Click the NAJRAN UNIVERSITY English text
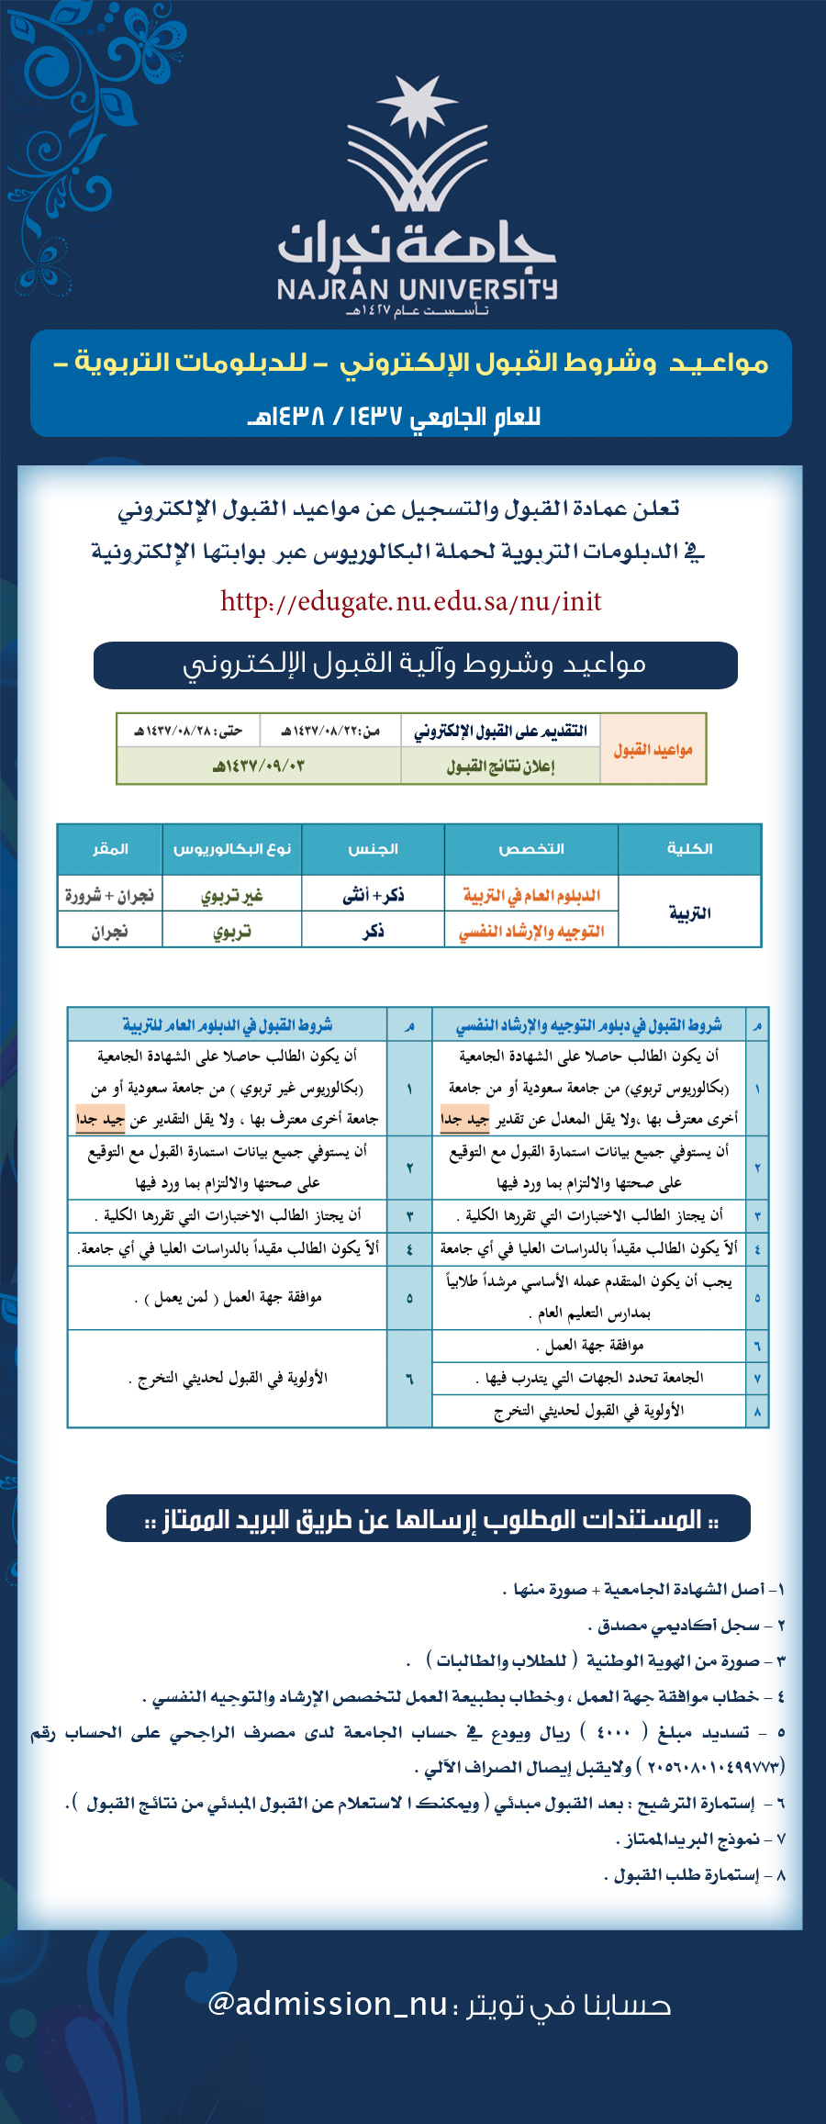tap(417, 289)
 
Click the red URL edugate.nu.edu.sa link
tap(410, 601)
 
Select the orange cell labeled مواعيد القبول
tap(653, 750)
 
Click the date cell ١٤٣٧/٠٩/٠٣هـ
tap(258, 766)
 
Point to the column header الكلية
tap(689, 849)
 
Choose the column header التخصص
tap(530, 849)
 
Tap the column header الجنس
tap(373, 849)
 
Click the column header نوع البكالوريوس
tap(231, 849)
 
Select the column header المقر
tap(110, 849)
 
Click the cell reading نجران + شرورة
tap(109, 895)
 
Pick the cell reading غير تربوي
tap(231, 895)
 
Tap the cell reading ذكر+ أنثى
tap(373, 895)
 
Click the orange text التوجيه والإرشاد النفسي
tap(530, 932)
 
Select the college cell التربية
tap(689, 913)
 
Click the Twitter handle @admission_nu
tap(328, 2004)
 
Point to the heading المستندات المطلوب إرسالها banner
tap(429, 1520)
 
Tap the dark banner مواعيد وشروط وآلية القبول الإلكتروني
tap(415, 665)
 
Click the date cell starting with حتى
tap(188, 731)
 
